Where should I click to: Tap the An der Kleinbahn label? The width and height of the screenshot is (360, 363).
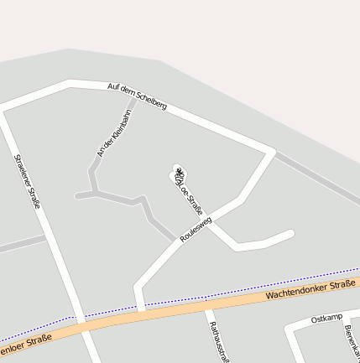115,132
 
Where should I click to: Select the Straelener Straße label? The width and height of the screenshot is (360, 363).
27,181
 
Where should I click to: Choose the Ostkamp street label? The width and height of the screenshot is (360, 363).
326,319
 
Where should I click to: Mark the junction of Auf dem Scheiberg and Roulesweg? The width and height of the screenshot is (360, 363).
272,152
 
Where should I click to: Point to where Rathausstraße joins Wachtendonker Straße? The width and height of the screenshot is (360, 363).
207,306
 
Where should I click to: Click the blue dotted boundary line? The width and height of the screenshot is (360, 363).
252,289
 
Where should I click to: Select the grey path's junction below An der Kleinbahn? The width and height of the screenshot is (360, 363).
96,193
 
